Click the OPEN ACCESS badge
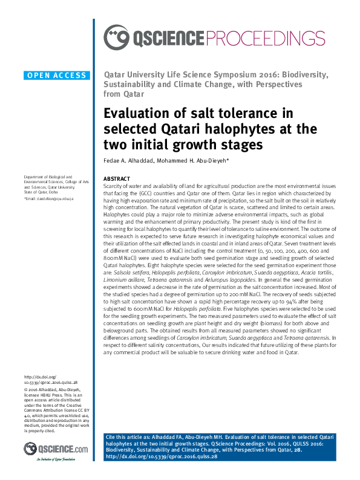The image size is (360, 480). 57,76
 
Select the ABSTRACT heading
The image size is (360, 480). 117,180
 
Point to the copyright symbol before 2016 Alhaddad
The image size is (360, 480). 26,389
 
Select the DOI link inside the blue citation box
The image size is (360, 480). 162,456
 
